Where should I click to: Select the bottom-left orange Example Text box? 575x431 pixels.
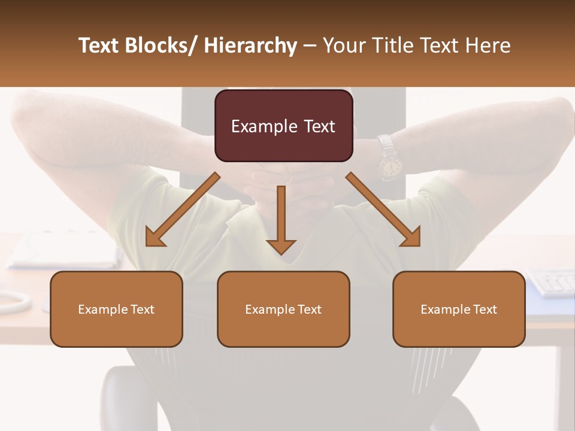pos(116,309)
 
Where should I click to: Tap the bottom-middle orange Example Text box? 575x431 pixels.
pos(283,309)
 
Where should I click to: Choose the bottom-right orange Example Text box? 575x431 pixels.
pos(459,309)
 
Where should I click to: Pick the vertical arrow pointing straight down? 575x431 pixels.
pos(281,219)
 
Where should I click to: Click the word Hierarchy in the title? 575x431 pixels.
pos(250,46)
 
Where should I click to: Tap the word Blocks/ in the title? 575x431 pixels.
pos(164,46)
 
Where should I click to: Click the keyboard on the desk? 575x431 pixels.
pos(551,282)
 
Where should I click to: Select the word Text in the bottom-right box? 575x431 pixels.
pos(485,309)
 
